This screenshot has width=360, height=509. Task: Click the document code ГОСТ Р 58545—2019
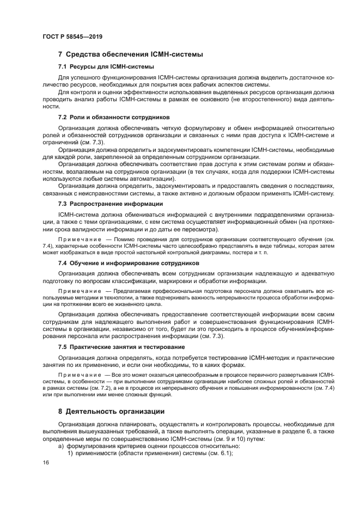coord(72,36)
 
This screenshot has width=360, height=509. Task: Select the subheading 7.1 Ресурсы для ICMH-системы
coord(106,66)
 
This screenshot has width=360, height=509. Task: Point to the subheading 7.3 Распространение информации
coord(110,203)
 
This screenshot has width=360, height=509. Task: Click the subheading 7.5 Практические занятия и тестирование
coord(121,346)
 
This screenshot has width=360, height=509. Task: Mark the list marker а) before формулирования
coord(62,447)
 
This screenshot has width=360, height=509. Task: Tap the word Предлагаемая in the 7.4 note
coord(131,292)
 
